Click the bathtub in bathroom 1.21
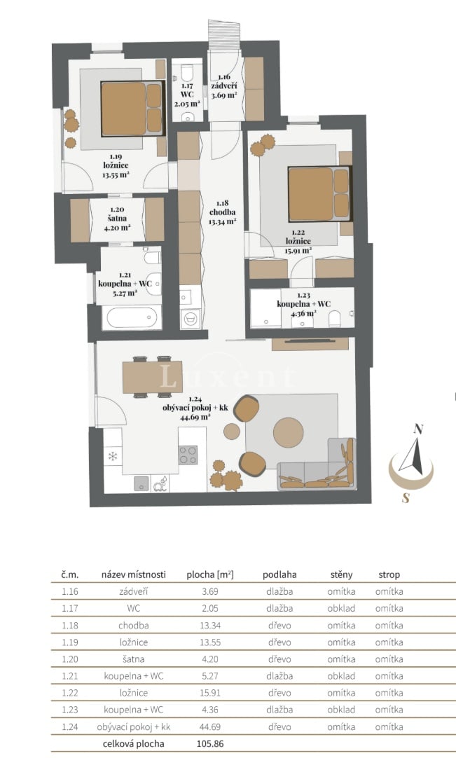click(x=132, y=317)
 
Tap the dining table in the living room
click(x=152, y=377)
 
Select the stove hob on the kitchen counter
click(x=188, y=455)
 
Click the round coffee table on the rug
click(x=288, y=432)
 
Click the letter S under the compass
click(x=406, y=497)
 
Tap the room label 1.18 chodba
click(x=223, y=212)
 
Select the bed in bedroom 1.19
click(x=132, y=109)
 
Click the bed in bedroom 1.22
click(x=319, y=193)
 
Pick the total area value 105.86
click(x=210, y=743)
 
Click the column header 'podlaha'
click(x=279, y=574)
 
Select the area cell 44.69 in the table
click(x=210, y=726)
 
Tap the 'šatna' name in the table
click(x=134, y=659)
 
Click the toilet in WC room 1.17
click(x=186, y=73)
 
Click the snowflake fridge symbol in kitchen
click(x=113, y=456)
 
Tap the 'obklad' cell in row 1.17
click(x=341, y=608)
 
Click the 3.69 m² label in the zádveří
click(x=224, y=95)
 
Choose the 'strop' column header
click(x=389, y=574)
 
